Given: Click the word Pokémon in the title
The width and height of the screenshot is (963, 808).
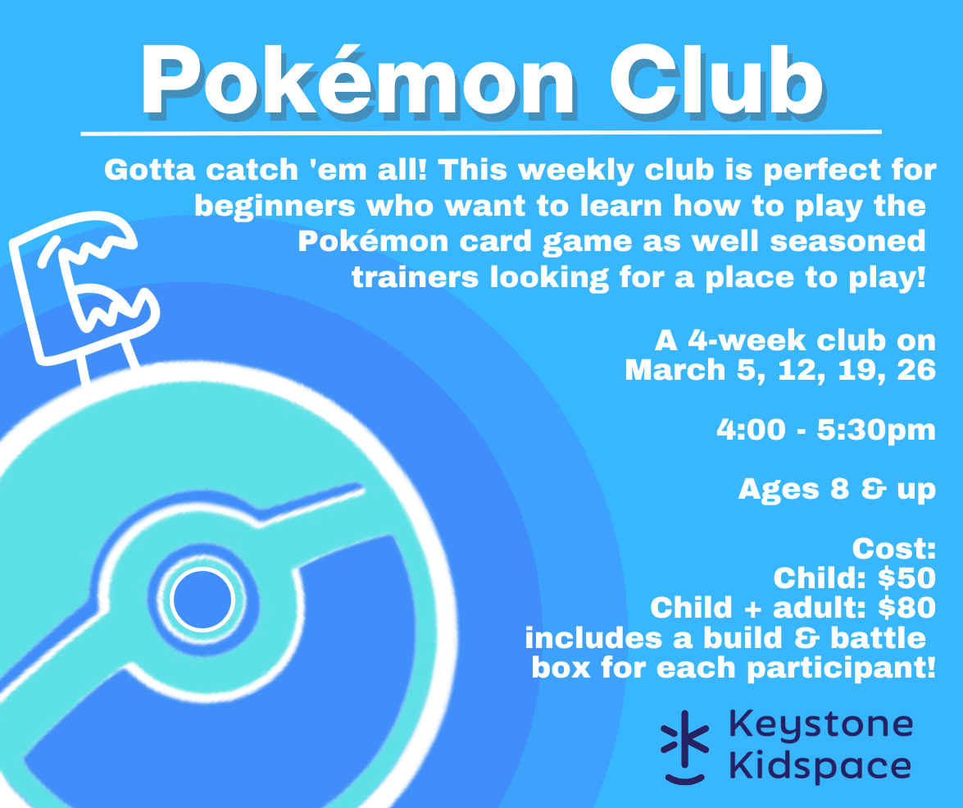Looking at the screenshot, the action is click(358, 80).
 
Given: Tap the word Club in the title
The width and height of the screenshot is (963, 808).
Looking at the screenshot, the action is click(716, 80).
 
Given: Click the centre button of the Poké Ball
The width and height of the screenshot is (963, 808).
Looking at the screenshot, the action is click(202, 600).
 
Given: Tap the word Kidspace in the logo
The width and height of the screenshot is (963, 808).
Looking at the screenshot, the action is click(820, 766).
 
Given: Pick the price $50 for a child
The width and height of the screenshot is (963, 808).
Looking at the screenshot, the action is click(906, 578).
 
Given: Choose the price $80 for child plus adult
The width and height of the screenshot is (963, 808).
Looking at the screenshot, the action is click(906, 608).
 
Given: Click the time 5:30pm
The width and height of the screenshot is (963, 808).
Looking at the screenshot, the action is click(876, 430).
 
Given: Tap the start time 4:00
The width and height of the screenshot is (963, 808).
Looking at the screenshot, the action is click(751, 429).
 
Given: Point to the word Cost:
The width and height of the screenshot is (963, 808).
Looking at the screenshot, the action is click(893, 549).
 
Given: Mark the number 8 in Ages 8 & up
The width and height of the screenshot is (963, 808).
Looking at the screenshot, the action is click(840, 489).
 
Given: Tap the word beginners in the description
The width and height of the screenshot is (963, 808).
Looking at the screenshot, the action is click(275, 207).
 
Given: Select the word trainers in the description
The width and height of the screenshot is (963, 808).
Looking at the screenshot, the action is click(416, 277).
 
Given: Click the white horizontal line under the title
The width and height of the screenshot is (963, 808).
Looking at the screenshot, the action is click(481, 132).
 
